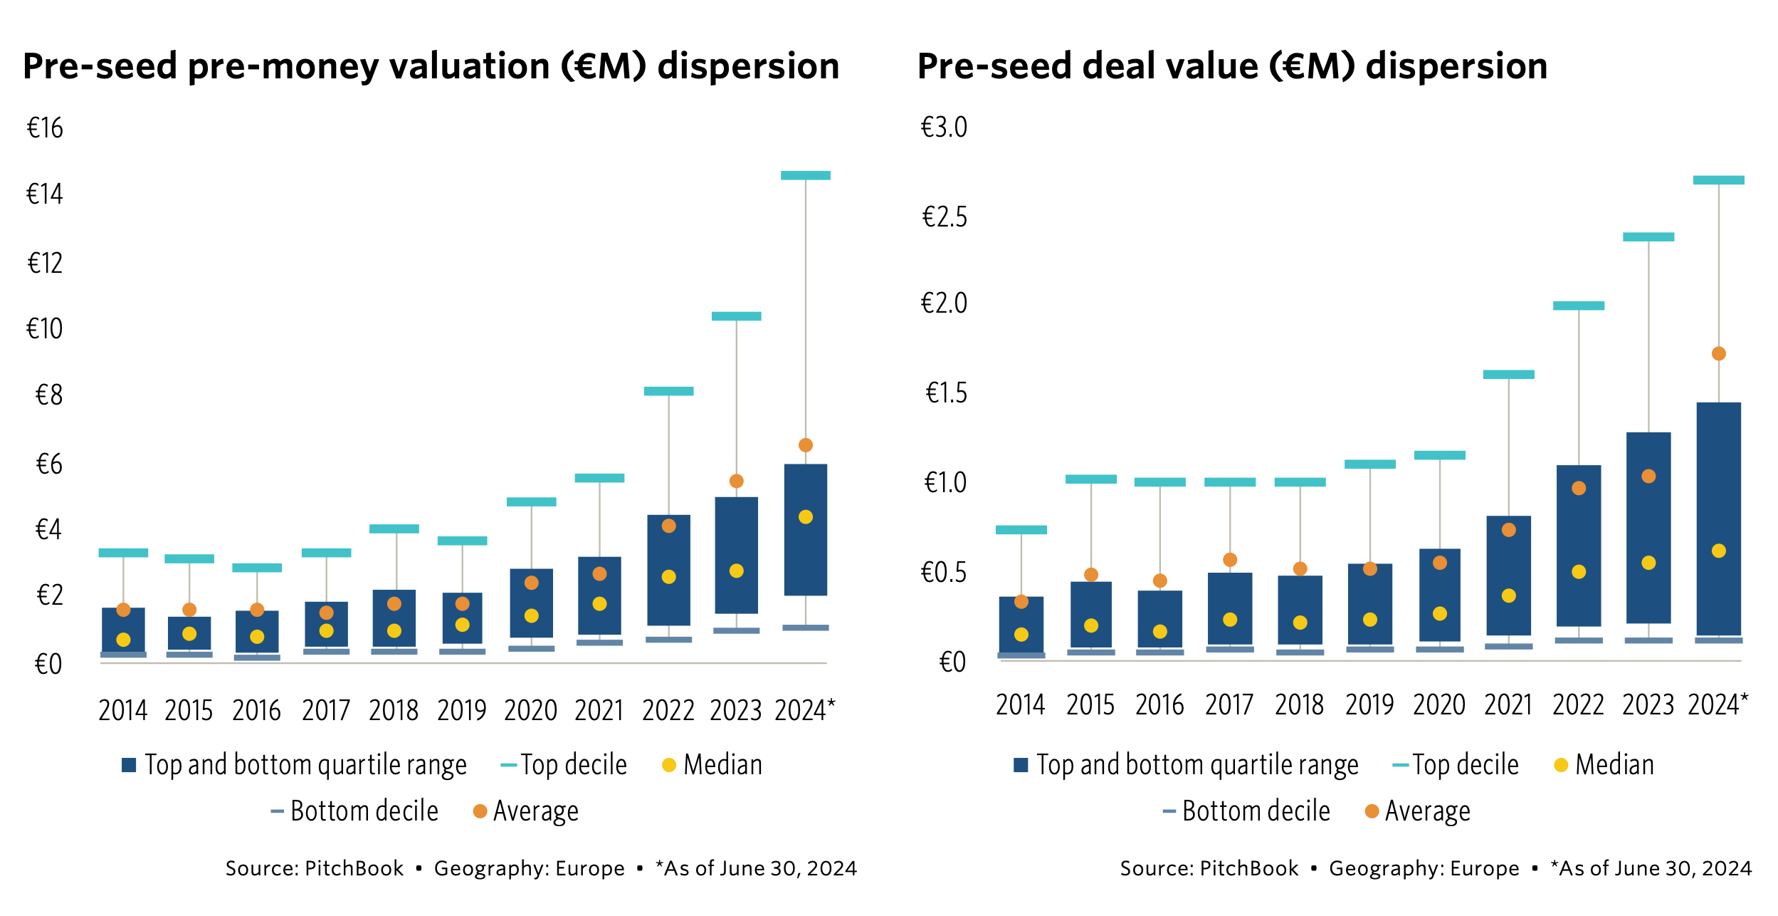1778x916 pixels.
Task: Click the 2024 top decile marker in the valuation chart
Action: [805, 175]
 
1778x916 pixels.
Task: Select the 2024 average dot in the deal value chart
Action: [1718, 354]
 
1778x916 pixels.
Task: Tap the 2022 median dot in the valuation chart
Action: [668, 577]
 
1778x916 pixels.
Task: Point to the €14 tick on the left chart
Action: [45, 194]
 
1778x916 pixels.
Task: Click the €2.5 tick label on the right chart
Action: [944, 217]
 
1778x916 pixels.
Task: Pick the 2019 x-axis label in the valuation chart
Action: [461, 711]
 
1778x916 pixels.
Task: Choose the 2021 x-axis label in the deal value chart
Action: [1508, 705]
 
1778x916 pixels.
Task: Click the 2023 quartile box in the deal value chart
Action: [1648, 527]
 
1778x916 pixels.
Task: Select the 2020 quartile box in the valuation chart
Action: [531, 603]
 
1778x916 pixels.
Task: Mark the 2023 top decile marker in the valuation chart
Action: [736, 316]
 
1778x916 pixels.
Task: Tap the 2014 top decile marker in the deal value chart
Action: [1021, 530]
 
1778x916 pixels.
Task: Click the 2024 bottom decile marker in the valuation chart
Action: [805, 628]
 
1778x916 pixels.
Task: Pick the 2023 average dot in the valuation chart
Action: [736, 482]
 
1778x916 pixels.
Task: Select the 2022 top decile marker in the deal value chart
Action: [1578, 306]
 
